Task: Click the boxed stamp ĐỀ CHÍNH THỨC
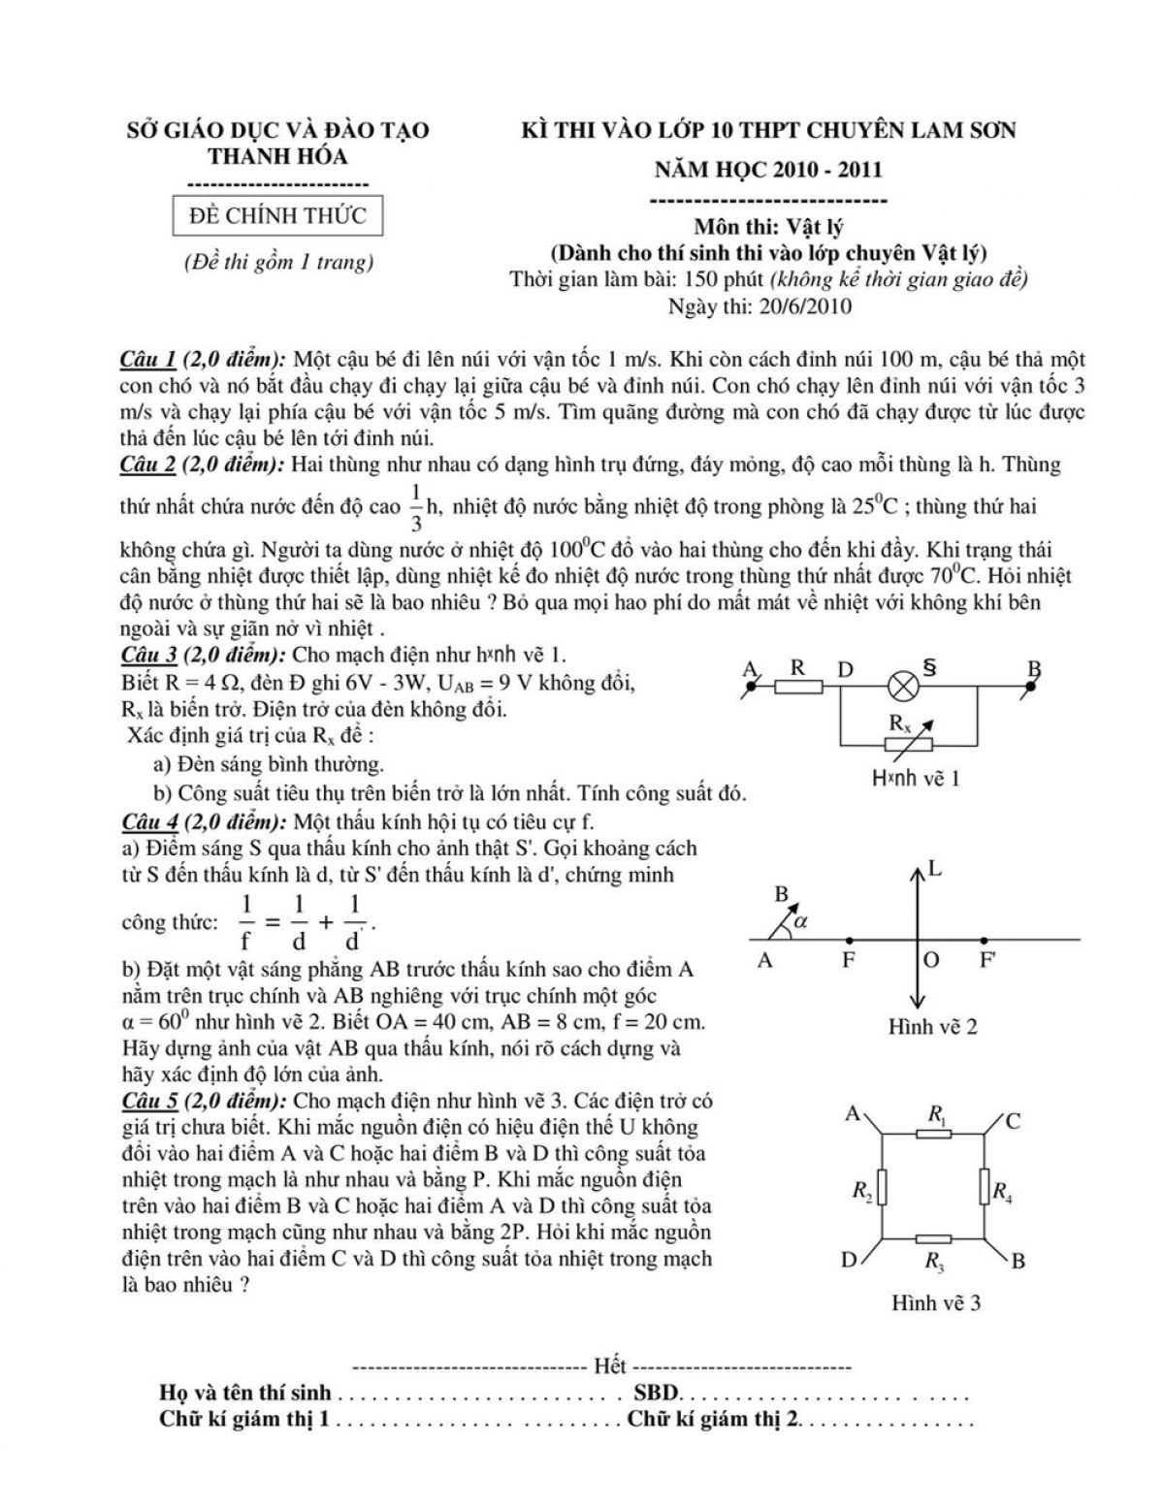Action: pyautogui.click(x=277, y=215)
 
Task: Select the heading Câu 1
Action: pyautogui.click(x=147, y=359)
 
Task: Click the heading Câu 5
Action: pyautogui.click(x=147, y=1102)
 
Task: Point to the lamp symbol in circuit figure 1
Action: pyautogui.click(x=904, y=687)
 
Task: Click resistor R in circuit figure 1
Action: pyautogui.click(x=798, y=687)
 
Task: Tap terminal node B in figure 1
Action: pyautogui.click(x=1031, y=686)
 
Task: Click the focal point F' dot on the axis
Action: pyautogui.click(x=985, y=940)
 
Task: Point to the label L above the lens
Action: pyautogui.click(x=935, y=868)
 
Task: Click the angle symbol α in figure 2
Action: pyautogui.click(x=800, y=922)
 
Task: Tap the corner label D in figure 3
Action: pyautogui.click(x=850, y=1261)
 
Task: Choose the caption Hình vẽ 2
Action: pyautogui.click(x=932, y=1026)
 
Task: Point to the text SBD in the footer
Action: pyautogui.click(x=657, y=1394)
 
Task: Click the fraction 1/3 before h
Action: pyautogui.click(x=416, y=507)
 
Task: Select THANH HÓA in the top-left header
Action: pyautogui.click(x=278, y=156)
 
